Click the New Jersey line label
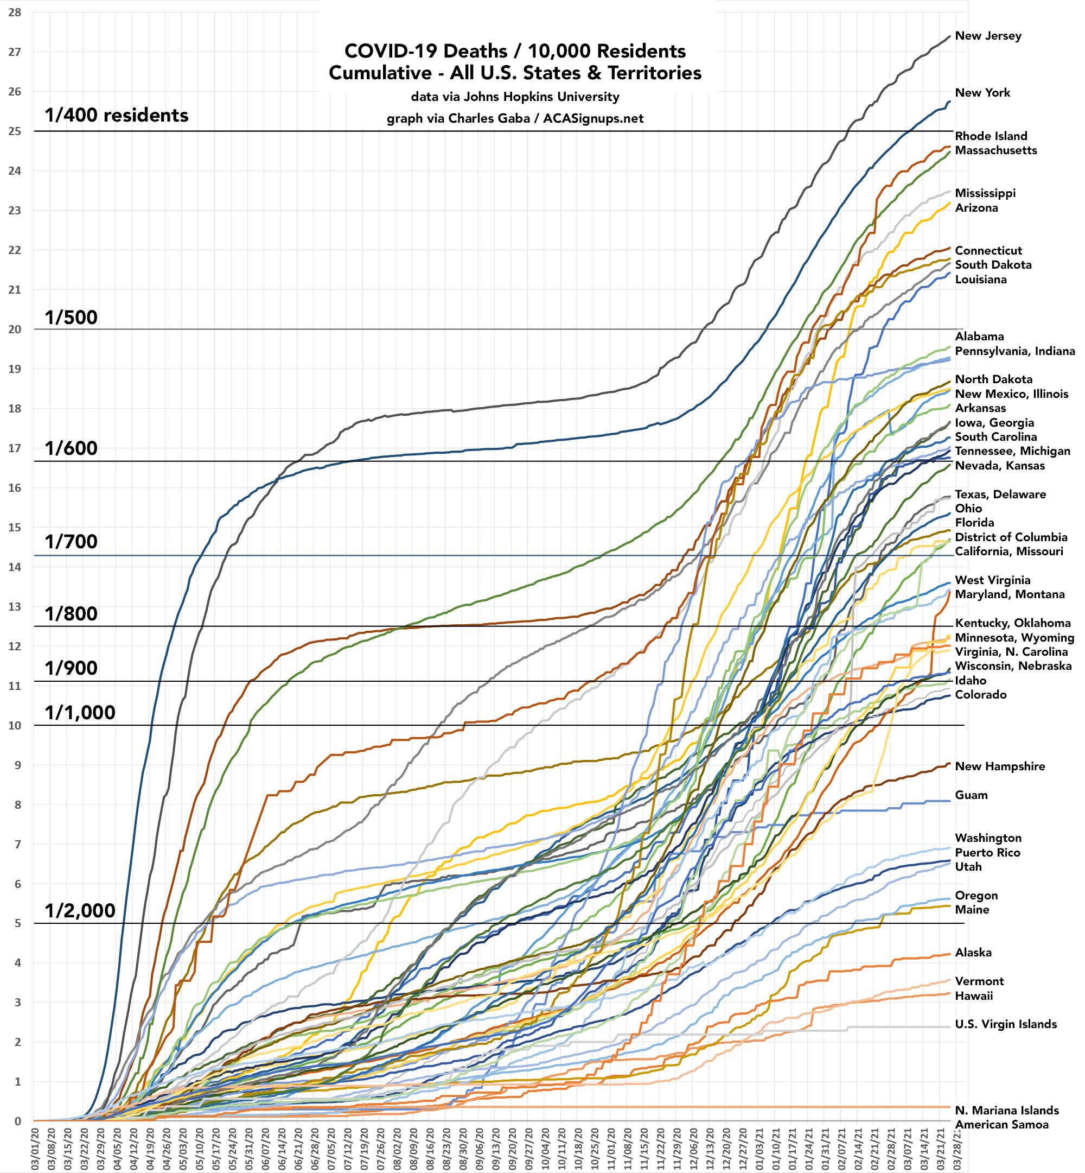(x=987, y=36)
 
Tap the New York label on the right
(x=982, y=93)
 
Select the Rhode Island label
(x=991, y=136)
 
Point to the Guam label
(x=971, y=795)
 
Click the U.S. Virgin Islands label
(x=1006, y=1024)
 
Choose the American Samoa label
(x=1001, y=1125)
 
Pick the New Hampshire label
(x=1000, y=766)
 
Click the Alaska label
(x=973, y=953)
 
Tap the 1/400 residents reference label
(x=117, y=115)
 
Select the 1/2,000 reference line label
(x=80, y=911)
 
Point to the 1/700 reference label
(x=71, y=542)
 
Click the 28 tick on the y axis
(x=15, y=12)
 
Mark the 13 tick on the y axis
(x=15, y=607)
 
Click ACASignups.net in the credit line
(x=593, y=119)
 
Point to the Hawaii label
(x=973, y=996)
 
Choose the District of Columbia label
(x=1011, y=537)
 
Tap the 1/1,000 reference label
(x=80, y=713)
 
